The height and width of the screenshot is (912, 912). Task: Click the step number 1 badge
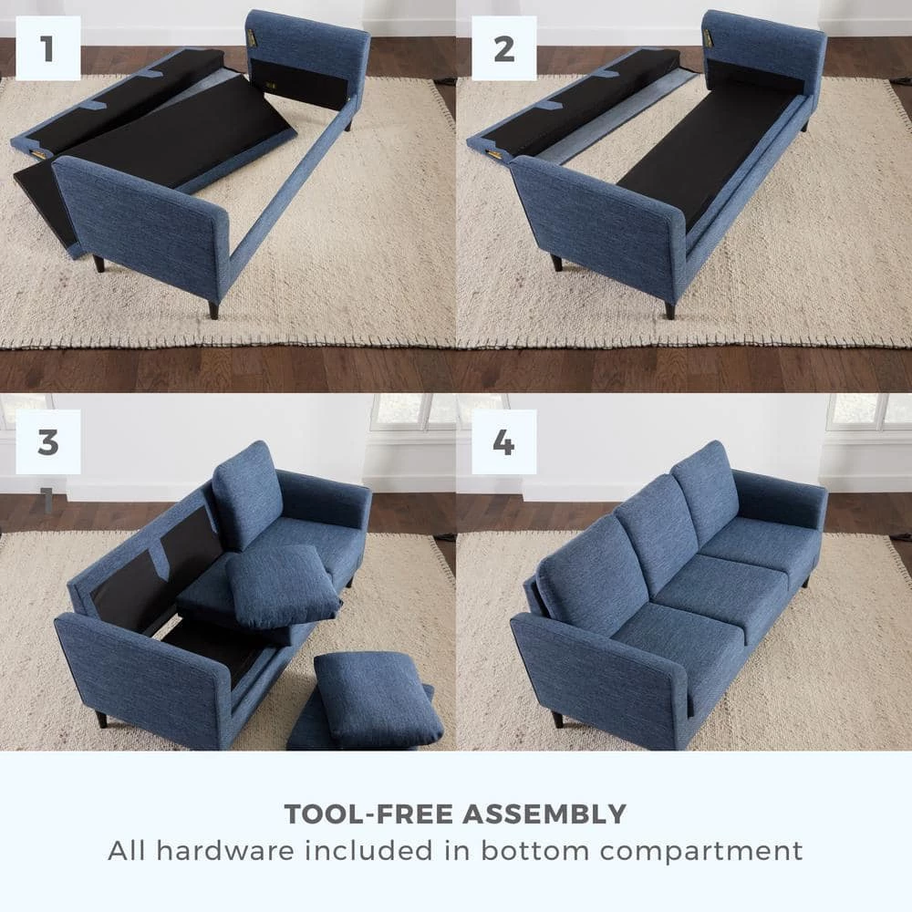click(47, 48)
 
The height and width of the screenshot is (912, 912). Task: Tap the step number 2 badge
click(503, 48)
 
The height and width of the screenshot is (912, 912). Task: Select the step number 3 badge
click(47, 442)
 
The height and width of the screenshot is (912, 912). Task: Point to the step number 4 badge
click(503, 442)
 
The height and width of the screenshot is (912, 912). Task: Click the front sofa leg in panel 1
click(213, 308)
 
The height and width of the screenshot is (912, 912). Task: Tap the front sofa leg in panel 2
click(670, 308)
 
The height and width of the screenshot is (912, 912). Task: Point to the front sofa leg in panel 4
click(556, 719)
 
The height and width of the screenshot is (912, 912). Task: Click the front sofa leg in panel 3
click(100, 719)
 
